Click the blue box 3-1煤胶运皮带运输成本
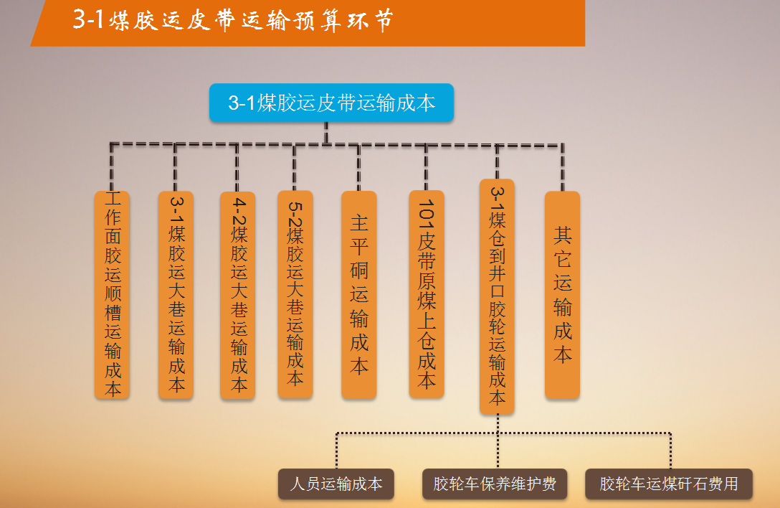click(331, 103)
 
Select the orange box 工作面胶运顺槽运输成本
click(112, 295)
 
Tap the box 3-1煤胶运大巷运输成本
click(176, 295)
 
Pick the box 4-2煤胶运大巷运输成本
click(238, 296)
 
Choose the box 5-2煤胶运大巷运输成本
click(295, 294)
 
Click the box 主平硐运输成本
click(358, 295)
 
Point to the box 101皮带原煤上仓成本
click(427, 294)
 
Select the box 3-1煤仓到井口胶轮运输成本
click(497, 296)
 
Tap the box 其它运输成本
click(562, 295)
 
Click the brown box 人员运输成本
click(336, 484)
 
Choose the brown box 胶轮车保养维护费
click(495, 484)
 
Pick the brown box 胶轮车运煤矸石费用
click(669, 484)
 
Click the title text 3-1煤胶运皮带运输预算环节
click(233, 20)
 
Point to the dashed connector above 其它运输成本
click(563, 168)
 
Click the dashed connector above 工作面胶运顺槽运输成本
click(111, 168)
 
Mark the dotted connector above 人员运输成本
click(337, 451)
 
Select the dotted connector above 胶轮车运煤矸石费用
click(670, 451)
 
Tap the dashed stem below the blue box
click(326, 133)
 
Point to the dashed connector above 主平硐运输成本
click(358, 168)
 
